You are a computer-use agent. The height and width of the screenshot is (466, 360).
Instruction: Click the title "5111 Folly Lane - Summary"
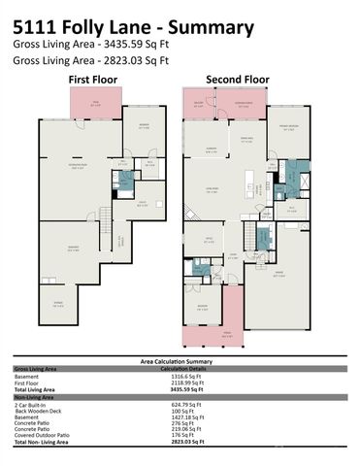coord(134,27)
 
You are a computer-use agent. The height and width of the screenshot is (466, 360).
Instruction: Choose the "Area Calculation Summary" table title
coord(180,361)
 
